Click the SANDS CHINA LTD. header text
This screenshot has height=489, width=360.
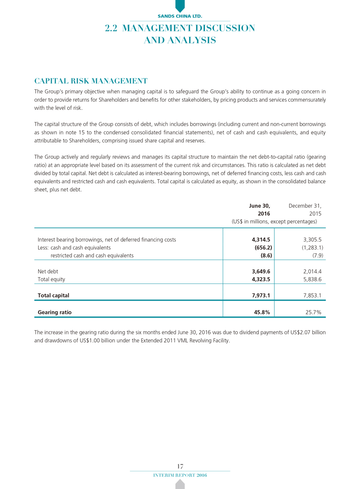click(x=180, y=16)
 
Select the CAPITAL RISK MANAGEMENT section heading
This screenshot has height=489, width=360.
click(x=91, y=82)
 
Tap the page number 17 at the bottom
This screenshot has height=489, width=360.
click(x=180, y=466)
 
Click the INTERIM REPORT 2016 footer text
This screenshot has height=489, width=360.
click(x=180, y=474)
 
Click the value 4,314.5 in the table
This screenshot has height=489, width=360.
click(x=261, y=239)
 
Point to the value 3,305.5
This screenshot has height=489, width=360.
click(x=312, y=239)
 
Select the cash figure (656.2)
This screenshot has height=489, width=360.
click(x=262, y=247)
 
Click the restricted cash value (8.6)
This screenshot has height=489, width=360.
click(x=264, y=255)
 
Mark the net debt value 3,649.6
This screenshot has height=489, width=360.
click(x=261, y=272)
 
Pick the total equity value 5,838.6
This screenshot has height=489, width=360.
click(x=312, y=280)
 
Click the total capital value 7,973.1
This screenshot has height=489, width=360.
click(x=261, y=295)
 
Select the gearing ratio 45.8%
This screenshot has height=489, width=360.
click(x=263, y=312)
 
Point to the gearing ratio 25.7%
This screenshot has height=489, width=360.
click(x=313, y=312)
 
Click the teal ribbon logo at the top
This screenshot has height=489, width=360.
click(x=180, y=5)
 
